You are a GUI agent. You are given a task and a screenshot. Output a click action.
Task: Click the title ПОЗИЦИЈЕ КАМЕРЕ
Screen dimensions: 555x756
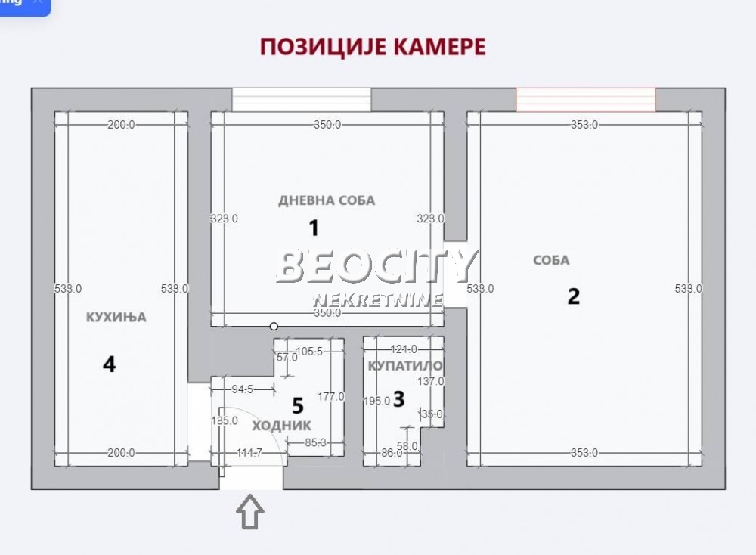pos(373,47)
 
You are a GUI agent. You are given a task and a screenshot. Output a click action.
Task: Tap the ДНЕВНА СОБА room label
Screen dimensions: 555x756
pos(327,200)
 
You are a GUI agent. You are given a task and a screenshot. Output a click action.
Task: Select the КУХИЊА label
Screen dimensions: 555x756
pos(116,318)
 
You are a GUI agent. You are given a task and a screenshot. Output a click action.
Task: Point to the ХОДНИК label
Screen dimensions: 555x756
pos(281,426)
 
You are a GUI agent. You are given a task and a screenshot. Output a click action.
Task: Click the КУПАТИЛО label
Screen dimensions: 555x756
pos(404,366)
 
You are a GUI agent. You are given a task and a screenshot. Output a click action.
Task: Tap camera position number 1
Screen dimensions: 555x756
pos(313,228)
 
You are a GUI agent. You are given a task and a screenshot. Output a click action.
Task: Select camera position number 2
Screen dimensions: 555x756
pos(574,296)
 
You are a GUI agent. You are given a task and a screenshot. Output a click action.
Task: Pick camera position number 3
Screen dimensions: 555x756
pos(399,398)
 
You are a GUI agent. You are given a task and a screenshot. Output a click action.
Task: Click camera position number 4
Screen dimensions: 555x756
pos(110,365)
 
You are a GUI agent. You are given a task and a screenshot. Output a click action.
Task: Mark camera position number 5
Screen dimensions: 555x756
pos(297,406)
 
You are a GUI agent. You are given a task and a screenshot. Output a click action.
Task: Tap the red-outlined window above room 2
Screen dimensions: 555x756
pos(586,100)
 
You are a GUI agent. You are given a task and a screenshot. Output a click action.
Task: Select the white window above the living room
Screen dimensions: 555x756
pos(302,100)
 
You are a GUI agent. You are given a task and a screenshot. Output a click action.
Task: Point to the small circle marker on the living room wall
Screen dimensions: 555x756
pos(274,327)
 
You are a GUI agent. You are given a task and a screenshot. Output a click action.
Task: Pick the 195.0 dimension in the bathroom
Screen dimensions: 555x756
pos(376,402)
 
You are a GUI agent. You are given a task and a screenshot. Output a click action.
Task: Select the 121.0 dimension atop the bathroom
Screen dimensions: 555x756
pos(404,349)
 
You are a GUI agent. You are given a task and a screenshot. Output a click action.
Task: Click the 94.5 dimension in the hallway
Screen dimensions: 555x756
pos(242,389)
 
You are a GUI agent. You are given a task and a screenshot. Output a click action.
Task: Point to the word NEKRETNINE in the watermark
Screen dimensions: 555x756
pos(378,299)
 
